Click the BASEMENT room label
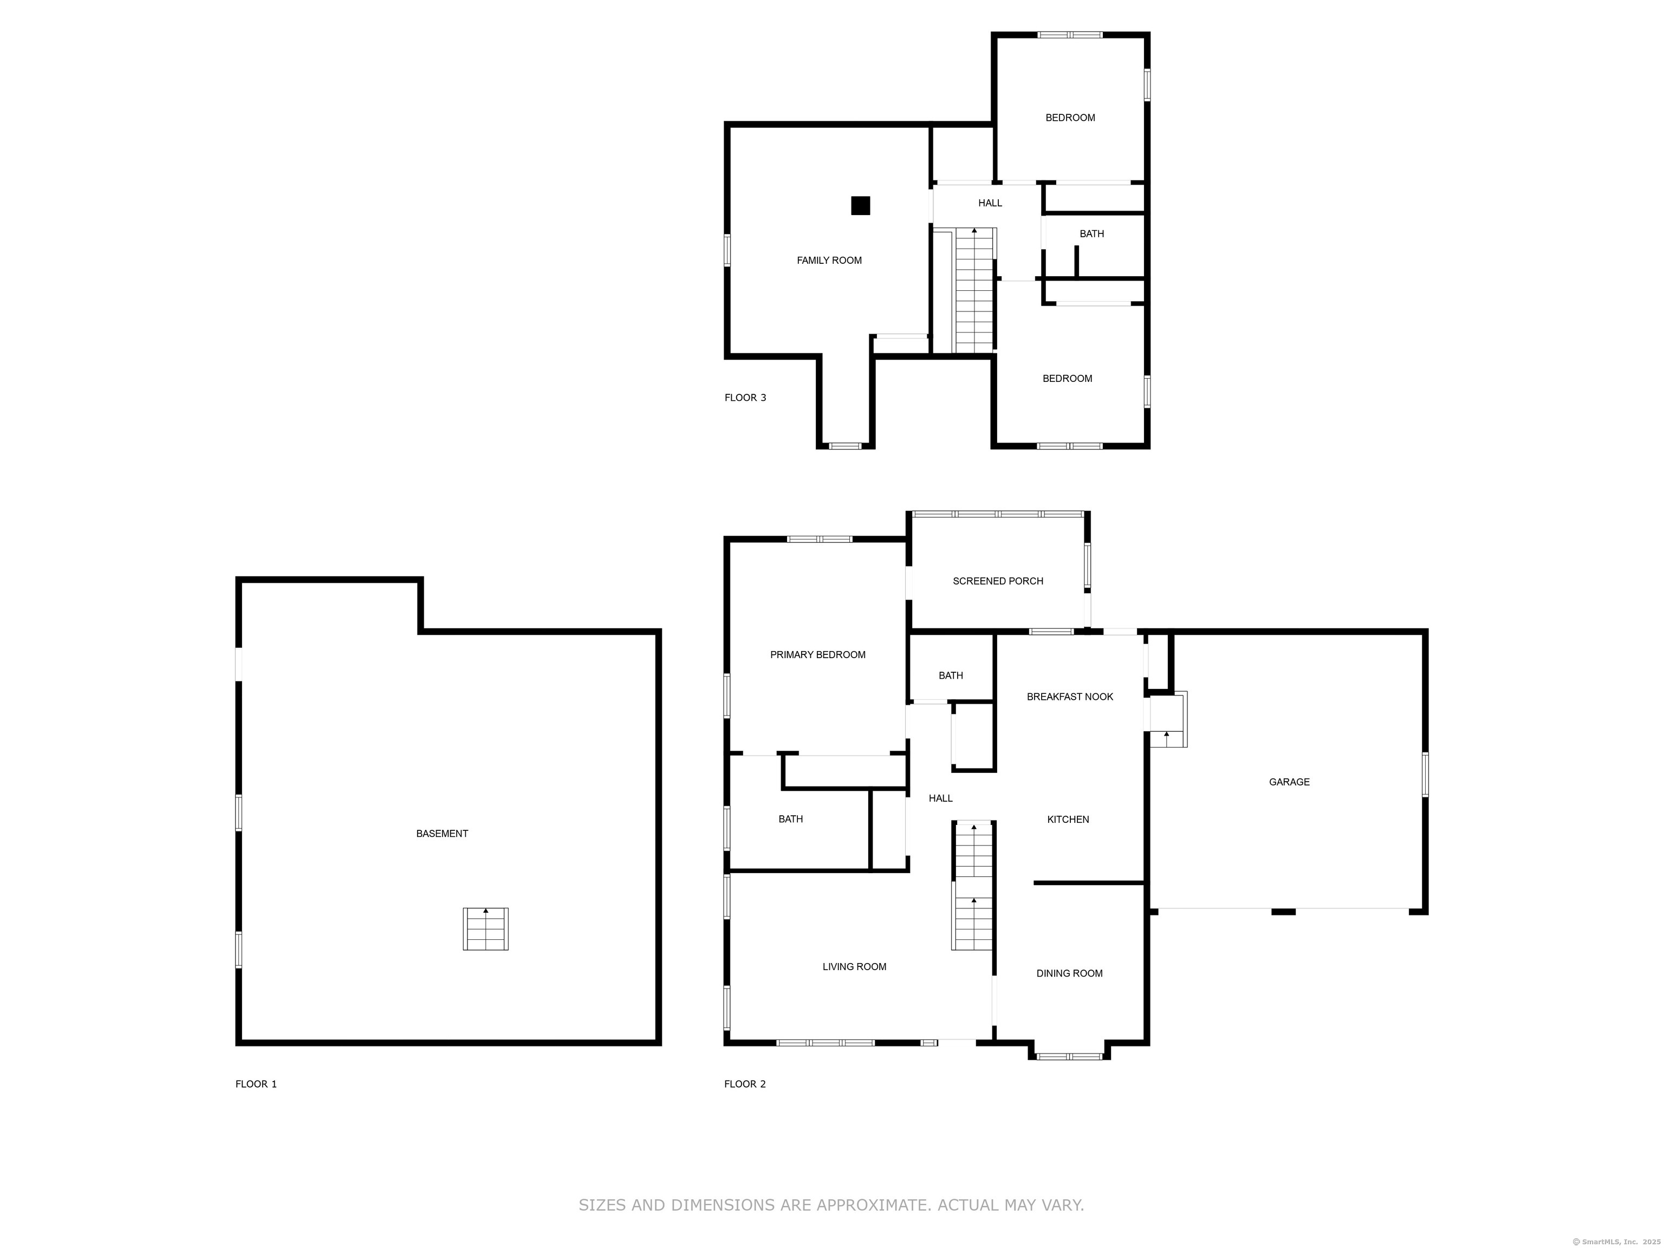[443, 834]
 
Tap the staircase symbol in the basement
[485, 929]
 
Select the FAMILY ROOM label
[829, 261]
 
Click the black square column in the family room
[861, 205]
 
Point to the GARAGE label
[1289, 782]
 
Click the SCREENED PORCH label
[998, 581]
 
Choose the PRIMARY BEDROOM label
[818, 654]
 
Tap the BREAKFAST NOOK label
[1070, 697]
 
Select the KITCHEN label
[1068, 819]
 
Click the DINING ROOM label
[1070, 973]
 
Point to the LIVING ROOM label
[855, 967]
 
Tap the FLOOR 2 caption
[745, 1084]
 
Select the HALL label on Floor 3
[990, 203]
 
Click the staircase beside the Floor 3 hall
[975, 290]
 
